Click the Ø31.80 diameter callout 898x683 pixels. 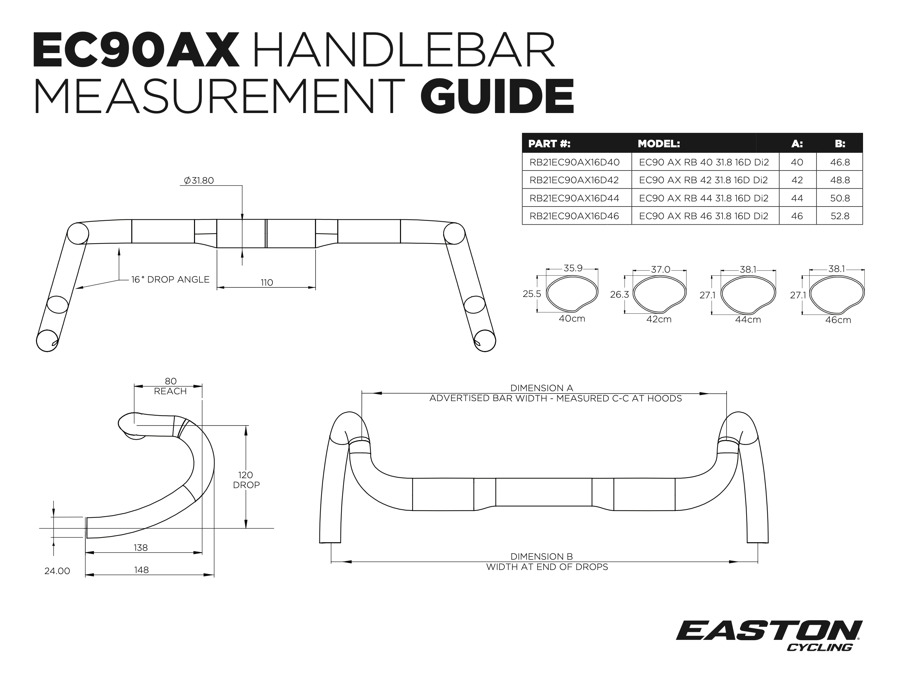pos(199,181)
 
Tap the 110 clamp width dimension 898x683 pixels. pos(267,283)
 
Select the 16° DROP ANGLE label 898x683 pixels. pos(170,280)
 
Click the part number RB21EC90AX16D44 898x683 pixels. pos(574,198)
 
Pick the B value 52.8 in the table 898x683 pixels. pos(840,216)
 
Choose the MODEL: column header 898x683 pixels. pos(659,144)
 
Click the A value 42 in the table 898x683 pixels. pos(797,180)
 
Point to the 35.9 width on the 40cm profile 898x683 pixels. pos(573,268)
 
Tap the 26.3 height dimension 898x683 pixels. pos(619,294)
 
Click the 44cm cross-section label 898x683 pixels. pos(748,320)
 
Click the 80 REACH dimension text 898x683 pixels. pos(170,386)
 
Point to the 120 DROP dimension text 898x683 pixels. pos(246,480)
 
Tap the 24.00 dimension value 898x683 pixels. pos(57,571)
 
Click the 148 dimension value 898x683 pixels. pos(142,570)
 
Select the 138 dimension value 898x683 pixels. pos(141,548)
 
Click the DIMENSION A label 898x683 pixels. pos(542,388)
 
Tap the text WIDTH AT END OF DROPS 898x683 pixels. pos(547,567)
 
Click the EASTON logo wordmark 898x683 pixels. pos(769,630)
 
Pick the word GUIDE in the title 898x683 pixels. pos(497,97)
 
